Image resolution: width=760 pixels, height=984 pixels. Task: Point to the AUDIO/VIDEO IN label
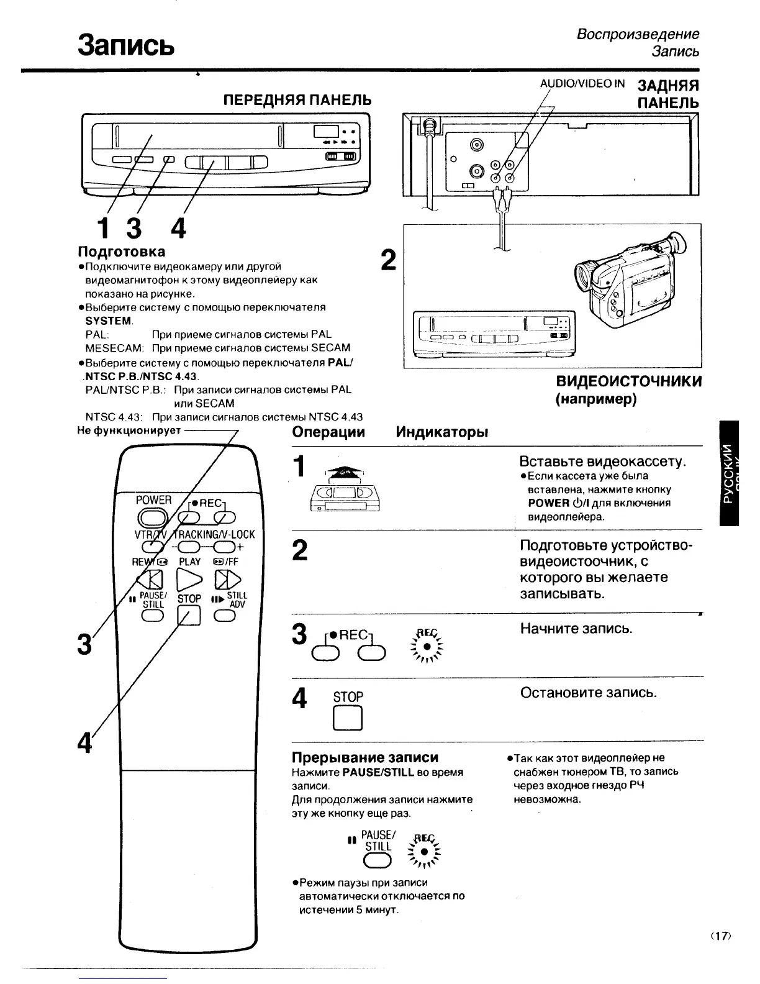click(x=582, y=84)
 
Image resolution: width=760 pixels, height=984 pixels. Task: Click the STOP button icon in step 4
click(x=348, y=719)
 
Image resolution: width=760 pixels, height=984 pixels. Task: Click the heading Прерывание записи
click(x=365, y=757)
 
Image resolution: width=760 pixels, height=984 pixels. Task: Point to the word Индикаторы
click(x=441, y=432)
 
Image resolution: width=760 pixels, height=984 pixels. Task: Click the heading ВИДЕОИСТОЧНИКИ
click(x=628, y=381)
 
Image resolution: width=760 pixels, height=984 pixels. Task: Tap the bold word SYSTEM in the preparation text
click(x=109, y=321)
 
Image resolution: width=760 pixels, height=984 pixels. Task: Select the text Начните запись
click(x=576, y=628)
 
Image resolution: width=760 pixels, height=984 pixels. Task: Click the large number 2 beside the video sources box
click(x=387, y=260)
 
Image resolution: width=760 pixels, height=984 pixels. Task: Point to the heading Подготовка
click(x=121, y=252)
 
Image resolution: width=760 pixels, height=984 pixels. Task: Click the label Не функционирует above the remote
click(x=129, y=430)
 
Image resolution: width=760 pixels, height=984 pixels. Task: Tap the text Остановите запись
click(x=588, y=692)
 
